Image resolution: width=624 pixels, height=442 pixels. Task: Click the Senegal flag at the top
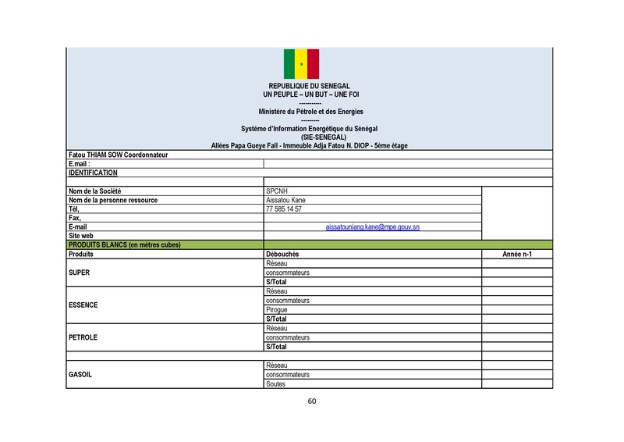click(x=301, y=63)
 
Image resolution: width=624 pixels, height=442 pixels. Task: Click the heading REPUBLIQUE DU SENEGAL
click(x=310, y=86)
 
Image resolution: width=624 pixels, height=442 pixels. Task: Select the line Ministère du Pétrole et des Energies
click(x=310, y=112)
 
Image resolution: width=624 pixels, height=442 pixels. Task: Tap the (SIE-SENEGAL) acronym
click(x=310, y=137)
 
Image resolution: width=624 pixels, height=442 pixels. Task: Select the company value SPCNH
click(x=277, y=191)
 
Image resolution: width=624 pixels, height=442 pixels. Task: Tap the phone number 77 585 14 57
click(x=284, y=209)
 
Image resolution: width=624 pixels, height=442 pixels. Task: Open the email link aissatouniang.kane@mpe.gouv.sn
click(x=373, y=226)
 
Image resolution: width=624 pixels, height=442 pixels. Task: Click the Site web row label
click(x=81, y=235)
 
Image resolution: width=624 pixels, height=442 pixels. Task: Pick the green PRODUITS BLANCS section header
click(x=125, y=244)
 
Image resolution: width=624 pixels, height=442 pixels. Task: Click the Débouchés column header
click(x=282, y=255)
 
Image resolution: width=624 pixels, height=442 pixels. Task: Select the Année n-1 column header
click(x=517, y=255)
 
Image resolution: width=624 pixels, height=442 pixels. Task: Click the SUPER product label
click(x=80, y=273)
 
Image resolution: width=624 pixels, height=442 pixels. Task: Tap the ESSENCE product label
click(x=83, y=305)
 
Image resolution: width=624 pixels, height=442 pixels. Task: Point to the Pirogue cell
click(x=277, y=310)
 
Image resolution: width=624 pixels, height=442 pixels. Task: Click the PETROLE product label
click(x=83, y=337)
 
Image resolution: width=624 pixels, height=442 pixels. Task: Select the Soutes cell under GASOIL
click(x=276, y=383)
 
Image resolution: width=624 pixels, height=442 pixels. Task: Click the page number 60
click(x=312, y=401)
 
